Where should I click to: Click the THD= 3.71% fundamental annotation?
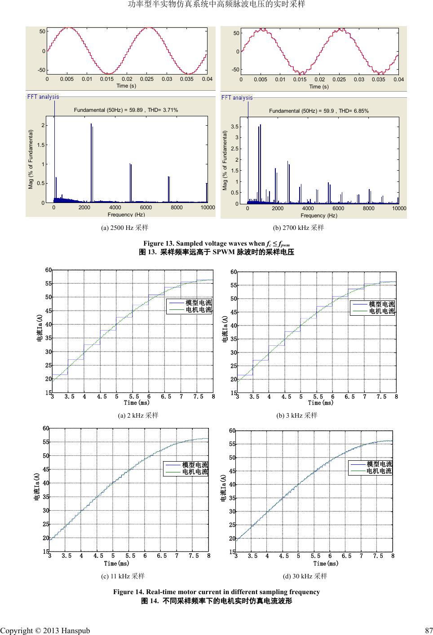click(x=126, y=110)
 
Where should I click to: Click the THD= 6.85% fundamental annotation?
click(x=318, y=110)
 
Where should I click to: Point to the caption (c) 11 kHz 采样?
click(x=123, y=575)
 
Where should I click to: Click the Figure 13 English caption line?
click(x=216, y=244)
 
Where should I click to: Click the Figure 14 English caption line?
click(x=216, y=592)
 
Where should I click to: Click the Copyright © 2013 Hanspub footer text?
click(x=45, y=631)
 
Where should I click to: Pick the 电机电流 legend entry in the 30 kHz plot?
click(x=379, y=471)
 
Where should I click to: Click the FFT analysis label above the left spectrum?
click(x=43, y=97)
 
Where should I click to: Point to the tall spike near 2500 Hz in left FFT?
click(x=91, y=162)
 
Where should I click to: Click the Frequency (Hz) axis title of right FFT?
click(x=319, y=216)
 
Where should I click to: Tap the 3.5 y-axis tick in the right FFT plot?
click(x=234, y=127)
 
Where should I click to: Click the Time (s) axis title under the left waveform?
click(x=126, y=85)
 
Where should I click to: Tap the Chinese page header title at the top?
click(x=216, y=4)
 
